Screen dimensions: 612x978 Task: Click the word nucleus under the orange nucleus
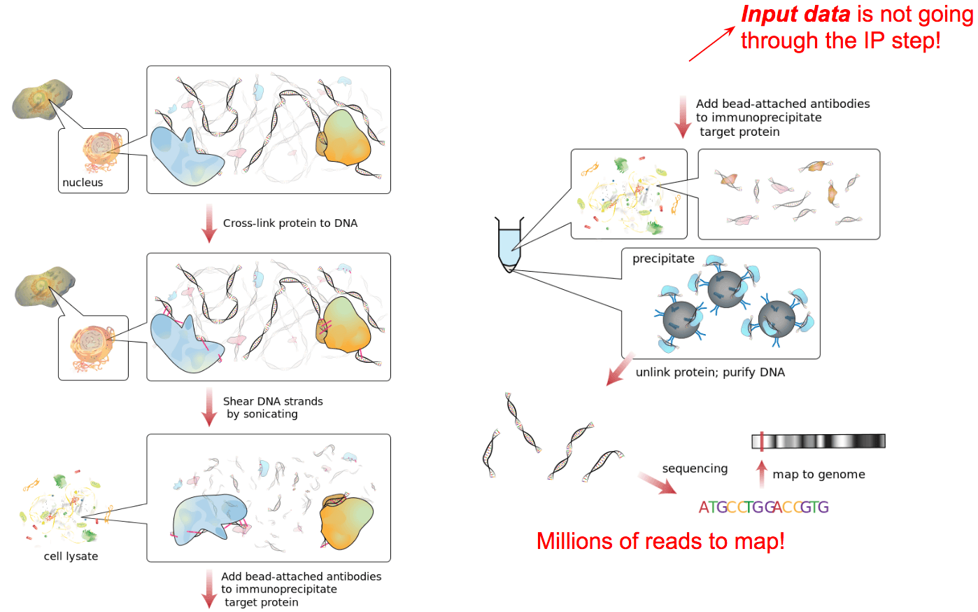(83, 183)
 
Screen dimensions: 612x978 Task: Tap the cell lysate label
(71, 557)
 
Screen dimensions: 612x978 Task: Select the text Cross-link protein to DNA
(290, 223)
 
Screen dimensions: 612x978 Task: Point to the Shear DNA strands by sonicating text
(272, 408)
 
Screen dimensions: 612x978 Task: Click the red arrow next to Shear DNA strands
(208, 407)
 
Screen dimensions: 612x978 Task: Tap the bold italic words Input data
(795, 15)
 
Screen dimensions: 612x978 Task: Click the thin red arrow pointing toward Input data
(711, 45)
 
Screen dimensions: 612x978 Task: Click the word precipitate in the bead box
(663, 258)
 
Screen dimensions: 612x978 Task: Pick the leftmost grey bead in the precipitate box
(681, 319)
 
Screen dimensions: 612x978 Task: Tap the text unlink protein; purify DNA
(710, 373)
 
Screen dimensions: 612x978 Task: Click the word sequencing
(695, 468)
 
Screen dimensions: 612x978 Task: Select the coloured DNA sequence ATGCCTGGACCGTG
(763, 507)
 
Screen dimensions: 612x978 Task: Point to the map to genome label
(818, 475)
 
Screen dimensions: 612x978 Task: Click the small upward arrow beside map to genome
(762, 473)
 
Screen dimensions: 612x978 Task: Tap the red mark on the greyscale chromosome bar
(761, 441)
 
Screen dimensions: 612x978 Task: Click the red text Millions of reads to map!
(660, 541)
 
